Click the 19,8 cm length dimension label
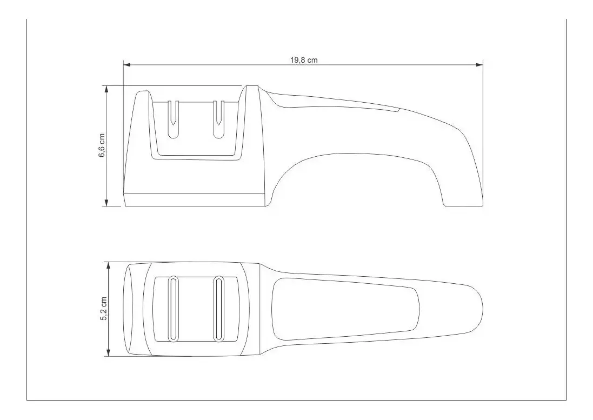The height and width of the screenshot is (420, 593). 304,60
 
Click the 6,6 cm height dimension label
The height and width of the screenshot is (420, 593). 102,145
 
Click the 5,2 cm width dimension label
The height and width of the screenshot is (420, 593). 104,309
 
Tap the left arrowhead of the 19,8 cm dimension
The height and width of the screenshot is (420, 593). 126,65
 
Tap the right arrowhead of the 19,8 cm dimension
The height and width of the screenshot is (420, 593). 479,65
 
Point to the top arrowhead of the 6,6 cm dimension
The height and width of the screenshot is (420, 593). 106,89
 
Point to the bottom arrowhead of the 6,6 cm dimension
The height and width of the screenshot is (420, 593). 106,203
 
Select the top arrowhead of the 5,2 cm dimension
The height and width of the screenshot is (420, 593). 109,265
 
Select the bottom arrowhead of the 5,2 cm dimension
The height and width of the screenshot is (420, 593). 109,353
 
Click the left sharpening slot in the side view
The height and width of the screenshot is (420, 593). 173,119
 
